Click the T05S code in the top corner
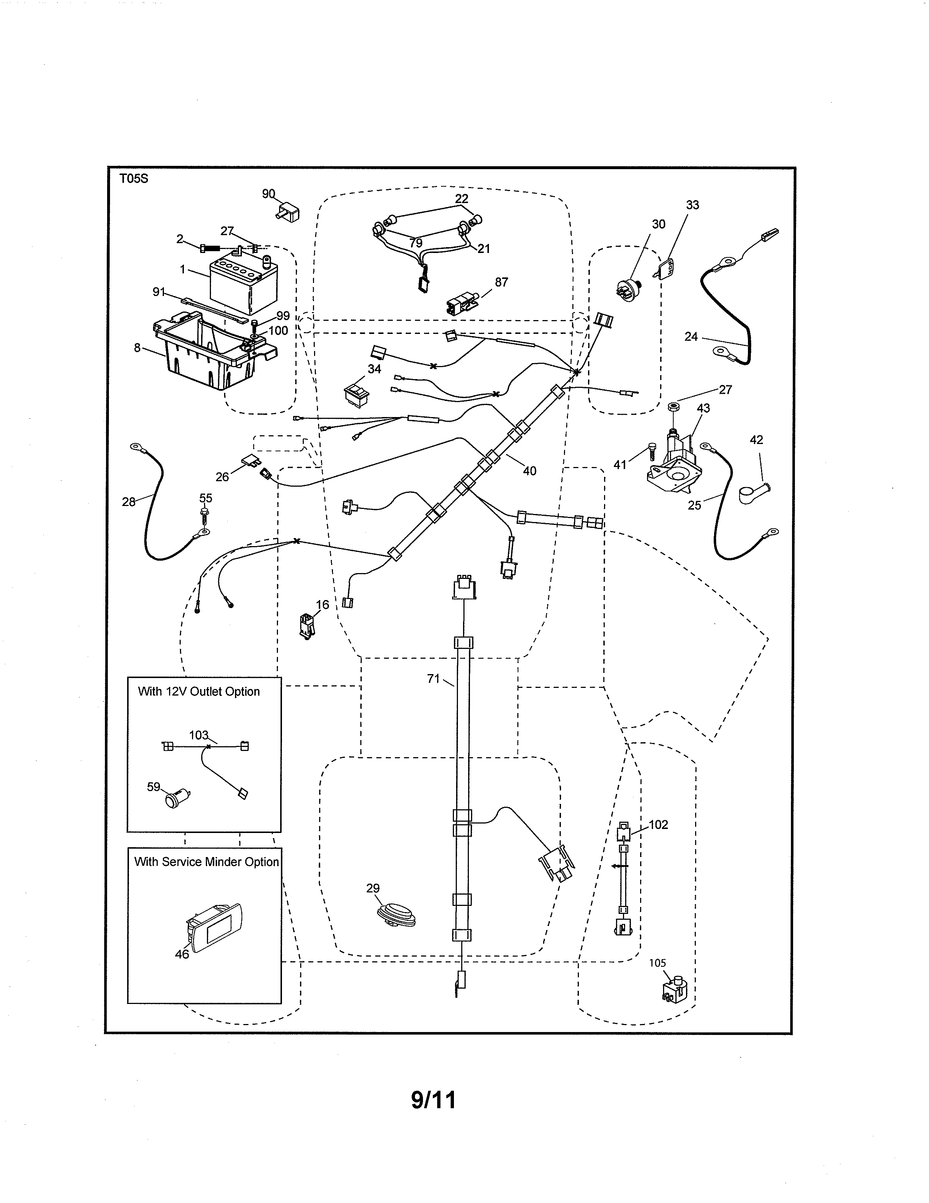134,179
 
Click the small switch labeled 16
306,625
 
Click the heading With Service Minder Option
206,862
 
